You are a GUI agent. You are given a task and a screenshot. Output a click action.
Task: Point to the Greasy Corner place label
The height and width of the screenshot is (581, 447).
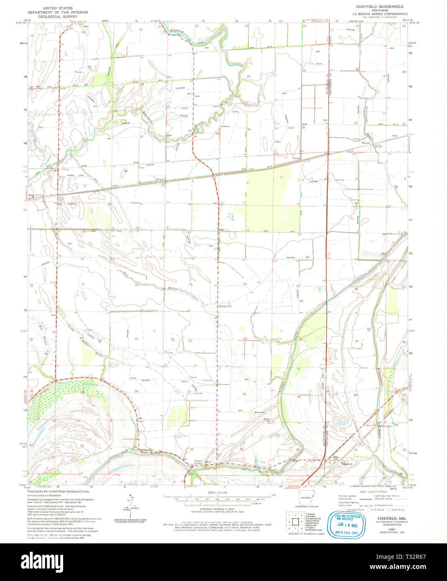198,463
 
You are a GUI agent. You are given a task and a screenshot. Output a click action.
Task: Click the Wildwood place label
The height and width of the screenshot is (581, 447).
146,450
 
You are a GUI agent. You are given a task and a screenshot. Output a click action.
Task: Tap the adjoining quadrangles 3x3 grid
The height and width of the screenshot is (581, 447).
295,522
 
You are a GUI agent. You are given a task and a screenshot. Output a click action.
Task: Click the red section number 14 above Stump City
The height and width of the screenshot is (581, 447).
245,284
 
